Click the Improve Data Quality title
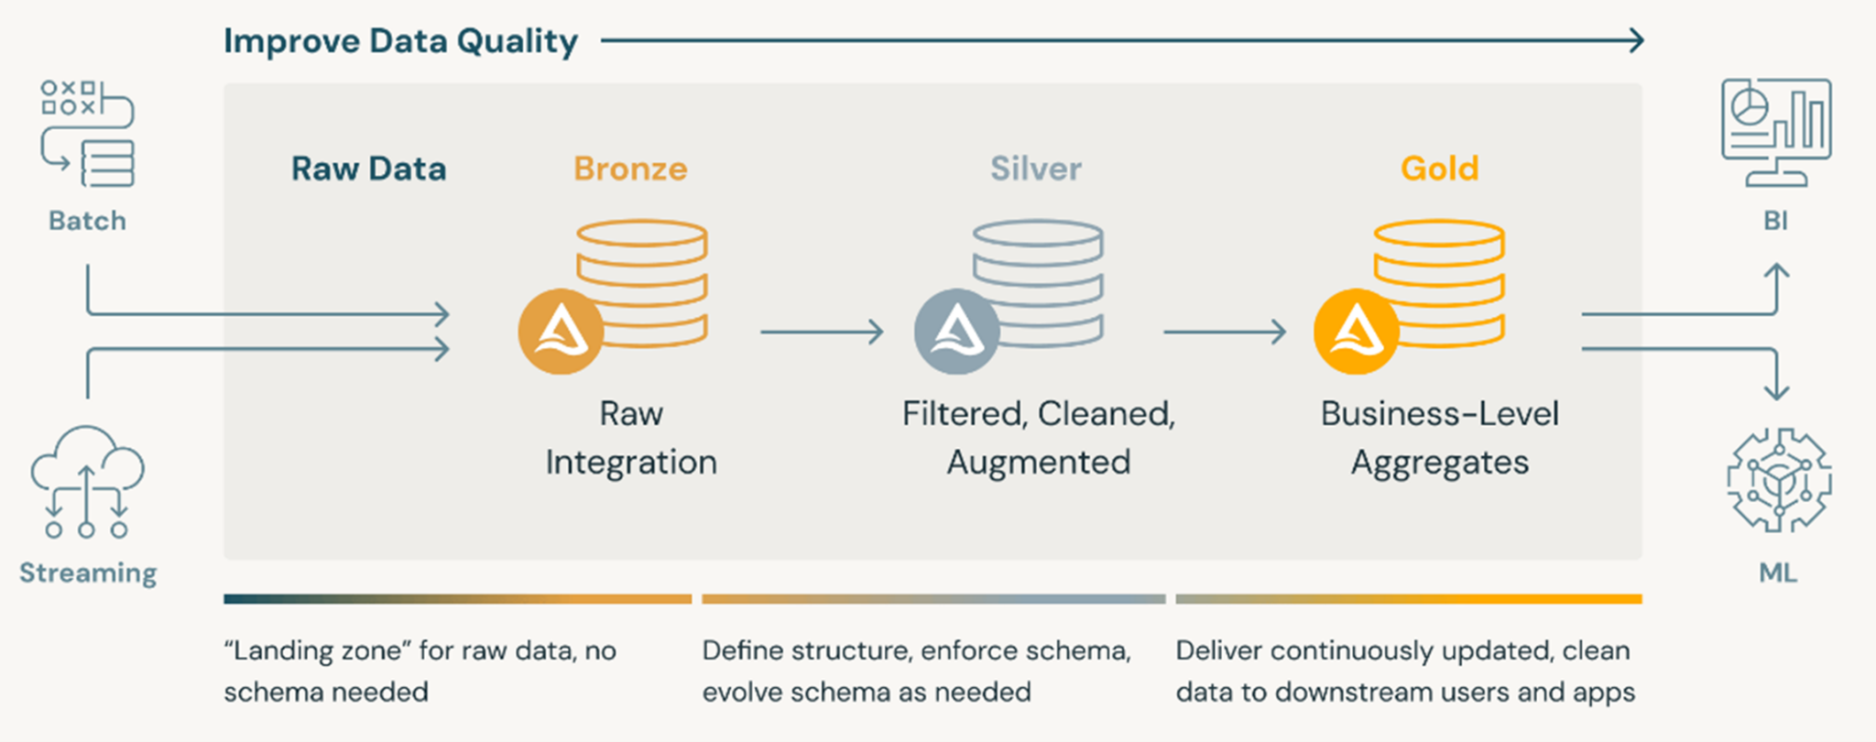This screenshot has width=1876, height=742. pos(400,42)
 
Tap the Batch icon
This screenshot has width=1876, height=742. pos(88,134)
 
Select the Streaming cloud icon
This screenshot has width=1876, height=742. pos(87,481)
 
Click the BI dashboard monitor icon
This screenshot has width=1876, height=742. pos(1776,133)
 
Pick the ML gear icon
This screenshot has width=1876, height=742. pos(1779,480)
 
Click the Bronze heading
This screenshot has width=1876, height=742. pos(630,169)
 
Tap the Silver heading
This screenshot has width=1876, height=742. pos(1036,169)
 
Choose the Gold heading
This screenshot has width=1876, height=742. pos(1440,169)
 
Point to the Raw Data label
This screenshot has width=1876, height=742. pos(369,169)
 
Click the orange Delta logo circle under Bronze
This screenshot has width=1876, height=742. pos(561,332)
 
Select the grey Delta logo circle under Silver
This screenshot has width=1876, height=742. pos(957,332)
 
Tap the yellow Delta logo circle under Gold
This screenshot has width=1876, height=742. pos(1357,332)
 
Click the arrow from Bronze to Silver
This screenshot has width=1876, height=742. pos(822,332)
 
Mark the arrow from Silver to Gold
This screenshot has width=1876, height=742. pos(1225,332)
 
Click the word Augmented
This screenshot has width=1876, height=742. pos(1039,463)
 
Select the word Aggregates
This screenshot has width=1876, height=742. pos(1440,463)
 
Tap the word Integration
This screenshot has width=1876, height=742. pos(631,463)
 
